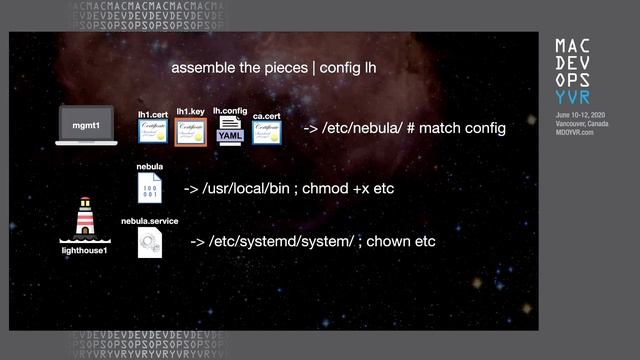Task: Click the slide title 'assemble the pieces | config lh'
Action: pos(273,68)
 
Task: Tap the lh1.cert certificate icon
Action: pos(152,133)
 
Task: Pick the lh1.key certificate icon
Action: pos(190,132)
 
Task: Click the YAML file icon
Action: pos(230,132)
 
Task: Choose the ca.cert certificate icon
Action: pos(266,133)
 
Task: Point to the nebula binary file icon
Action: pos(150,188)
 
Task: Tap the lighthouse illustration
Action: pos(84,220)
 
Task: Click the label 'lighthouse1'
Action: pos(84,250)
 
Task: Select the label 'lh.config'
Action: pos(230,111)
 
